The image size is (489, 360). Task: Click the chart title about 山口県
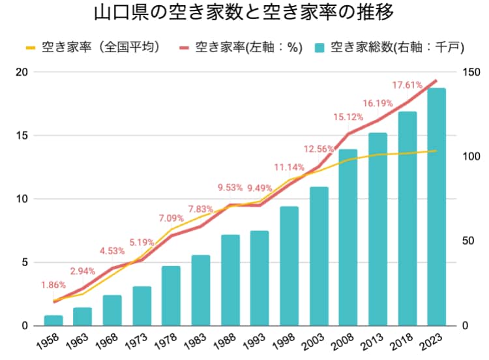(244, 13)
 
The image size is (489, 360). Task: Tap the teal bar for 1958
(53, 320)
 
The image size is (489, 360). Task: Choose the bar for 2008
(348, 237)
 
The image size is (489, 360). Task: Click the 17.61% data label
(408, 85)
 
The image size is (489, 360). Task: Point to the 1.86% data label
(53, 285)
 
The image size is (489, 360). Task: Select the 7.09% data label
(171, 218)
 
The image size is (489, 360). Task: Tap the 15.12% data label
(349, 117)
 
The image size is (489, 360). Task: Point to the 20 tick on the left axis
(22, 72)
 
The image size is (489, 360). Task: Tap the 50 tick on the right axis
(467, 241)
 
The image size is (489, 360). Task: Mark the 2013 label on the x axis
(374, 340)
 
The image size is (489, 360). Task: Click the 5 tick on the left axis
(25, 262)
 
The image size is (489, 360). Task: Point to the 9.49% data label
(260, 188)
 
